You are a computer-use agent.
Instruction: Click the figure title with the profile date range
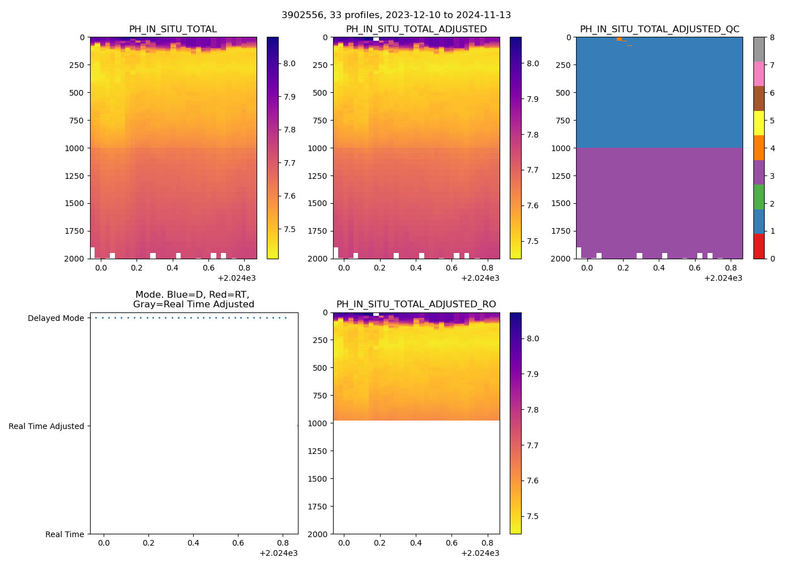396,15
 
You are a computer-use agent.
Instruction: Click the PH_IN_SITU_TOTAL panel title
173,29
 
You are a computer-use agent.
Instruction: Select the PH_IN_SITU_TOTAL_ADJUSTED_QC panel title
659,29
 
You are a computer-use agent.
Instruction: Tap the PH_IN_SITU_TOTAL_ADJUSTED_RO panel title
416,305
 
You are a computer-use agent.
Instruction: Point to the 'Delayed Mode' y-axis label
56,318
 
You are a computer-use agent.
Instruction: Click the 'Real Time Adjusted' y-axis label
46,426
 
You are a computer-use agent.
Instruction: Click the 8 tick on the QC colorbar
771,37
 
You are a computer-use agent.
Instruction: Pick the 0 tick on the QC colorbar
771,259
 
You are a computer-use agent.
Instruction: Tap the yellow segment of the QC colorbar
758,123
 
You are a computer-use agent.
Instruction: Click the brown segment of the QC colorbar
758,98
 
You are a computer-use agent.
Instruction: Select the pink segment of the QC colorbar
758,74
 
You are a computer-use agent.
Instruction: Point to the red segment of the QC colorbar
758,246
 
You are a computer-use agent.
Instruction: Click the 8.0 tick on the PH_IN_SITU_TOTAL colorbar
289,63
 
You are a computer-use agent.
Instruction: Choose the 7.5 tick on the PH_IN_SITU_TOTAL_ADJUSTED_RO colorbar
532,516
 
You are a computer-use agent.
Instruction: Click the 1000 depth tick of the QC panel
561,148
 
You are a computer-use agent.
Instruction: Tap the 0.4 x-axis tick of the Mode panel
193,543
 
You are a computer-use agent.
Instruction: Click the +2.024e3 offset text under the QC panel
723,278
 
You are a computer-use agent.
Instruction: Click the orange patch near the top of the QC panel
619,39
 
